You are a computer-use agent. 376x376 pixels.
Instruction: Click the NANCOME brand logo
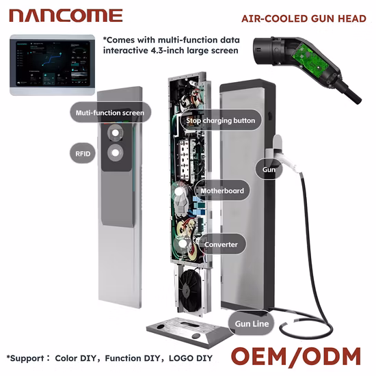(x=66, y=16)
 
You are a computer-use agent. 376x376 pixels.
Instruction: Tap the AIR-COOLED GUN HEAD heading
(x=304, y=18)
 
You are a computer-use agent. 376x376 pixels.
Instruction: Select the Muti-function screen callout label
(x=110, y=113)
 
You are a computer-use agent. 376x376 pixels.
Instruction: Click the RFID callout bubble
(x=83, y=153)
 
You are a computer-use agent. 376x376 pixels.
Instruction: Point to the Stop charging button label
(x=221, y=120)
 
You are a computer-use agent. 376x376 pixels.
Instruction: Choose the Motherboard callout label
(x=222, y=191)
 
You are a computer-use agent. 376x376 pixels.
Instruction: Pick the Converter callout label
(x=221, y=244)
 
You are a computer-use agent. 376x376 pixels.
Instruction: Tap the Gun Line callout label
(x=252, y=324)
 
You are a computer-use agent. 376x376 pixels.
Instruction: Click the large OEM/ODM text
(x=296, y=356)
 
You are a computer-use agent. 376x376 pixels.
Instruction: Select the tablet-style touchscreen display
(x=52, y=65)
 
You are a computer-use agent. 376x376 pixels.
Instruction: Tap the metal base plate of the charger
(x=189, y=332)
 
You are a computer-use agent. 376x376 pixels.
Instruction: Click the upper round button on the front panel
(x=116, y=133)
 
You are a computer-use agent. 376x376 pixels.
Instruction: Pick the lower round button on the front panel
(x=116, y=152)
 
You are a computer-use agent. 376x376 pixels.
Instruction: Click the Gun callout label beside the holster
(x=269, y=170)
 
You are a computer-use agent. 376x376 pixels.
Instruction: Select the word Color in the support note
(x=66, y=358)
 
